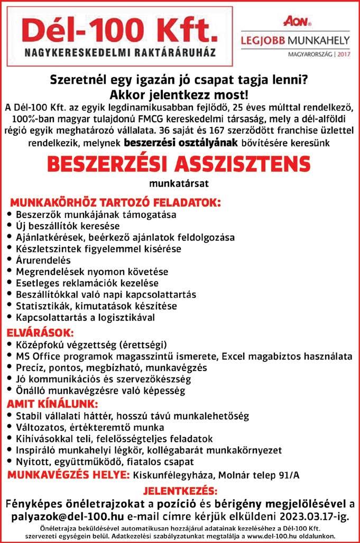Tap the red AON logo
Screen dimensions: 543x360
[x=297, y=21]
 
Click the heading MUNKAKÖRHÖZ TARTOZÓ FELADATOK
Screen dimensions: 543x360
[x=115, y=203]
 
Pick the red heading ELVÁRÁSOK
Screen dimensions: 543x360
[x=40, y=333]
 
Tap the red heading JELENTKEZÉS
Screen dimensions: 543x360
[x=180, y=490]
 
